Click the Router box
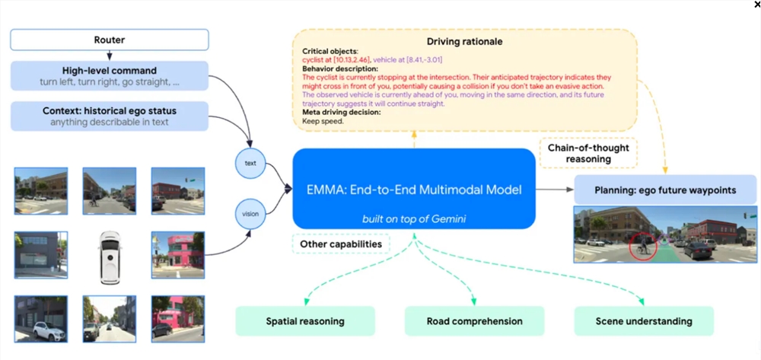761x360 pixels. pos(110,40)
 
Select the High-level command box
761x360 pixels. pos(110,76)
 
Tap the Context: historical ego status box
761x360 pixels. pos(110,116)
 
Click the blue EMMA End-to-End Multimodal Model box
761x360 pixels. pos(413,188)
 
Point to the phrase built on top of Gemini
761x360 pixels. pos(413,219)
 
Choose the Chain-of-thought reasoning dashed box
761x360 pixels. pos(588,152)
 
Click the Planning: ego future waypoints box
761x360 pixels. pos(665,190)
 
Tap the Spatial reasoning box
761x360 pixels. pos(305,321)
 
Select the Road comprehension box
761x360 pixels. pos(474,321)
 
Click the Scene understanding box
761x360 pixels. pos(644,321)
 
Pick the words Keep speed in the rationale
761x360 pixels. pos(319,120)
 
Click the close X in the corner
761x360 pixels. pos(756,5)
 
